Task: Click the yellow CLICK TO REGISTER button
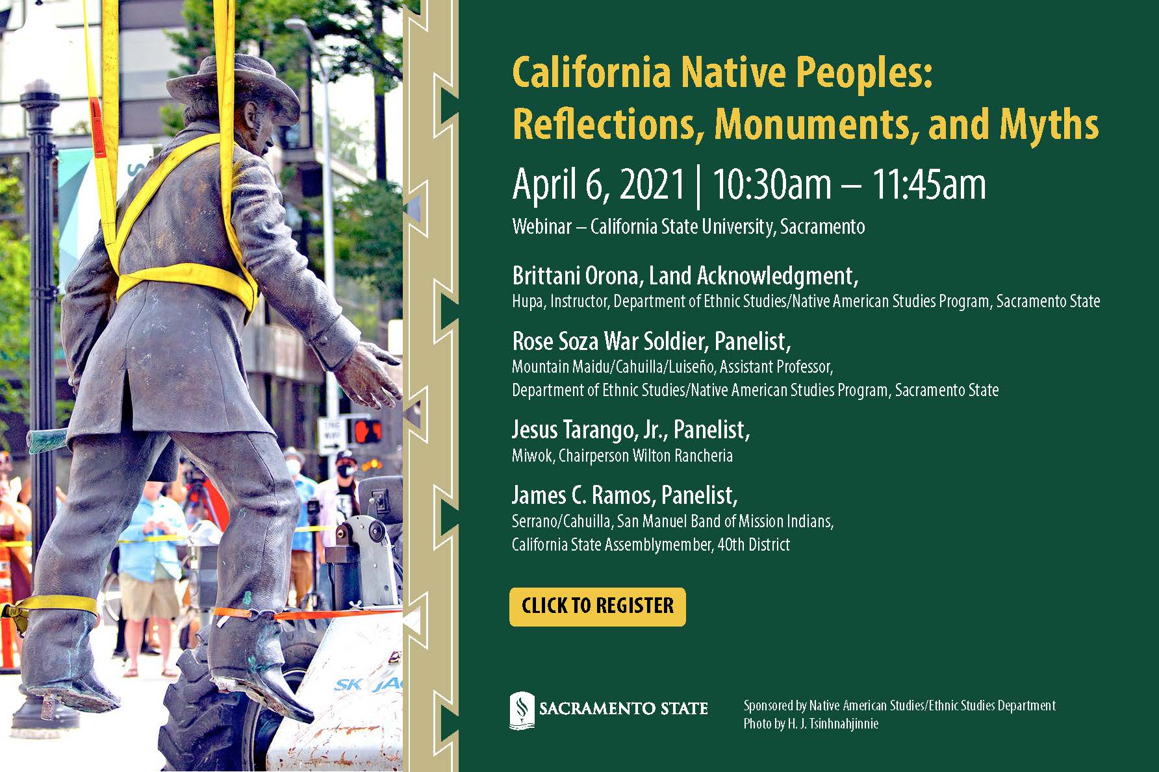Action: pyautogui.click(x=597, y=606)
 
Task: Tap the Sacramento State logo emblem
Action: pyautogui.click(x=521, y=710)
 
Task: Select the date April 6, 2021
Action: pyautogui.click(x=598, y=184)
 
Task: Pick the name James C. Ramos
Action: pyautogui.click(x=581, y=495)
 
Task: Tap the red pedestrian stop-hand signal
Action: pyautogui.click(x=367, y=430)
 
